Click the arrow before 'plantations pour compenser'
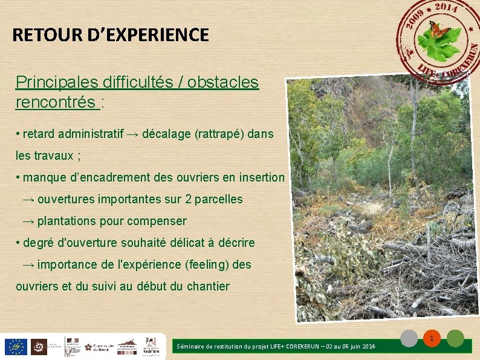click(28, 221)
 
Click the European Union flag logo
click(15, 347)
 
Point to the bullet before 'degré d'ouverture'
click(18, 243)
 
